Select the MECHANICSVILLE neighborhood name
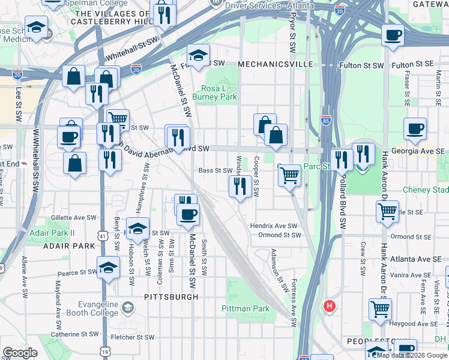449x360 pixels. pos(276,64)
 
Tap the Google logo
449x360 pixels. pos(20,353)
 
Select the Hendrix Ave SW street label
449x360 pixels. pos(274,226)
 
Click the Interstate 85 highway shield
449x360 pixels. pos(325,119)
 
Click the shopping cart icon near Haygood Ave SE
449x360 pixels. pos(380,309)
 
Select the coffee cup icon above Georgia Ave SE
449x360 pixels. pos(415,128)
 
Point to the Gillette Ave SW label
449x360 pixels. pos(74,217)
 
